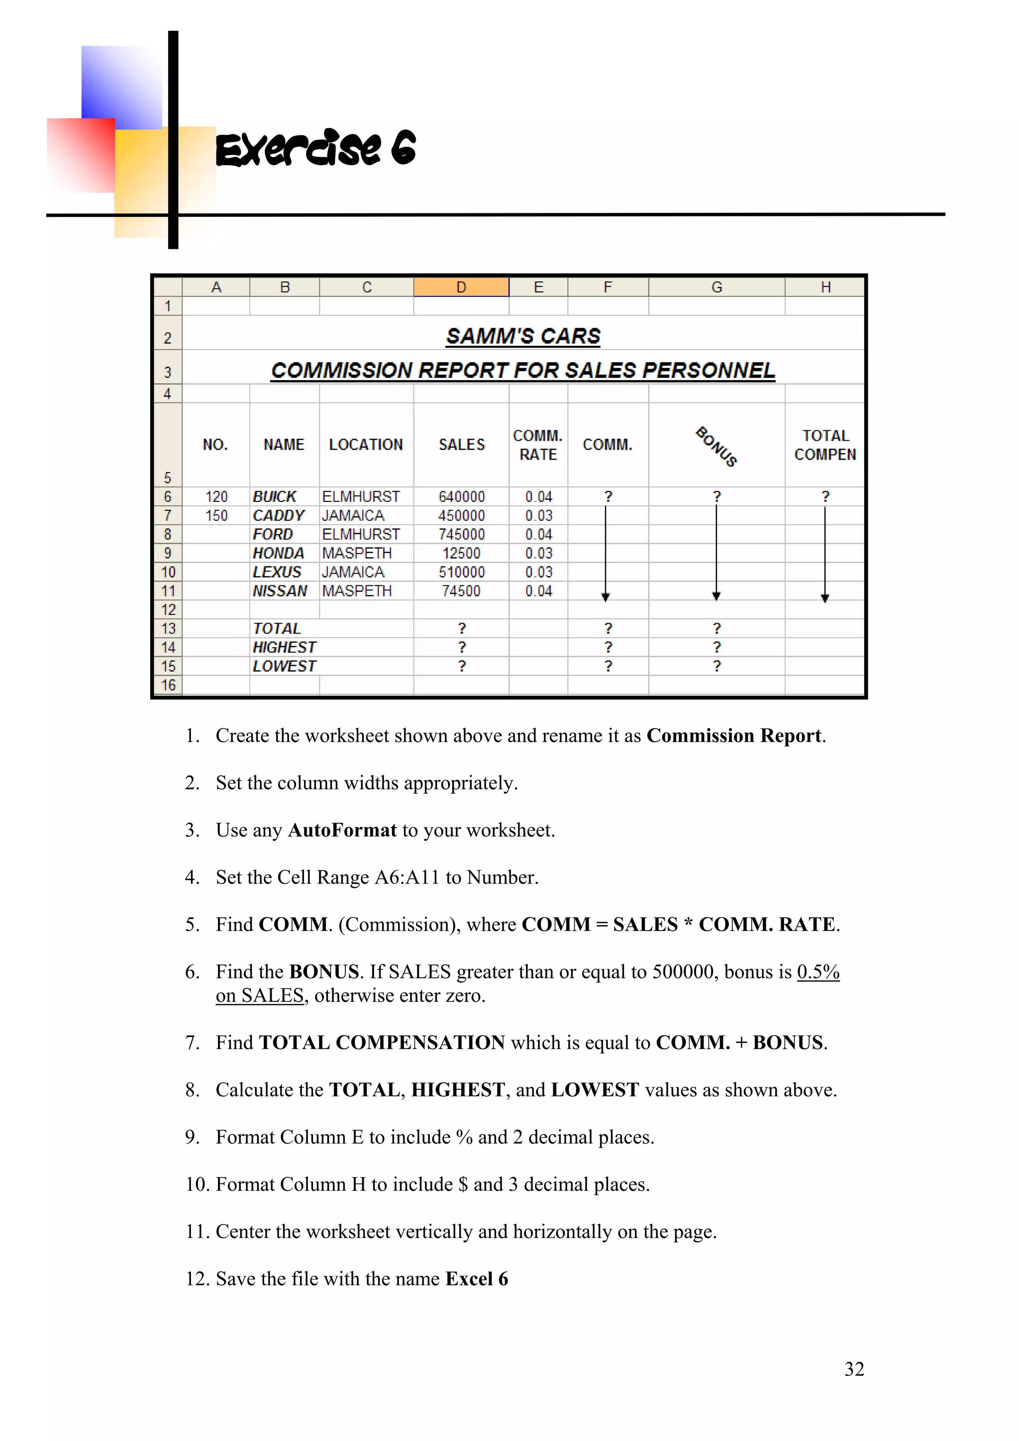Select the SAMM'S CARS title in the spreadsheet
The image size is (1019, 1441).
click(522, 336)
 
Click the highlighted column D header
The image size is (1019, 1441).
click(461, 288)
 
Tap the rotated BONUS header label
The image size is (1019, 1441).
click(716, 446)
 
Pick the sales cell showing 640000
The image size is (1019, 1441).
click(461, 497)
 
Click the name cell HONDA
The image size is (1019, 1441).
click(278, 554)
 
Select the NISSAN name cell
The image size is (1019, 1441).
click(280, 591)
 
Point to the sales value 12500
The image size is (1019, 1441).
click(461, 554)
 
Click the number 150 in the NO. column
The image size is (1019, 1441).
click(216, 516)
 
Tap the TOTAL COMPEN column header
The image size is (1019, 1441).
click(824, 445)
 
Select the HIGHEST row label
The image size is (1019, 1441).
click(285, 648)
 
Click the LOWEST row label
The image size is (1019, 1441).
click(285, 667)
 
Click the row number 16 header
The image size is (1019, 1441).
click(168, 685)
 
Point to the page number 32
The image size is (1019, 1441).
click(854, 1369)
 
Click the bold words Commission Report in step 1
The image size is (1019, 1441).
click(734, 736)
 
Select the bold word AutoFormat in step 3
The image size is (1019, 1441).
click(342, 830)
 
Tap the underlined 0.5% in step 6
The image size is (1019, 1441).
click(818, 972)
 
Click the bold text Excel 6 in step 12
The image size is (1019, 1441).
click(477, 1279)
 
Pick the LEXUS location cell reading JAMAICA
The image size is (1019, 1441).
click(353, 573)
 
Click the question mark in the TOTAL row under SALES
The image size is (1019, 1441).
click(461, 629)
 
